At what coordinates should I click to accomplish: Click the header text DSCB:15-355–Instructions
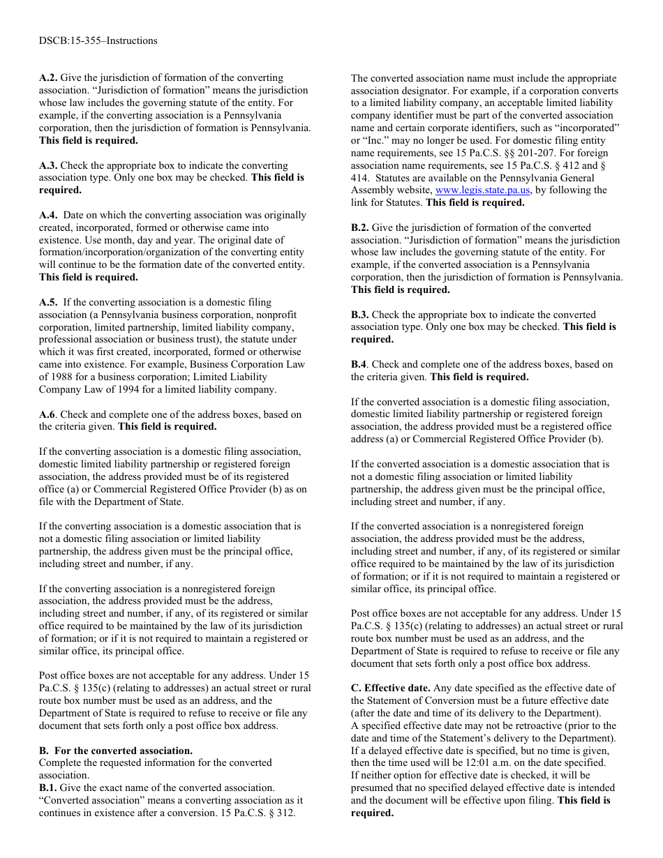click(x=98, y=40)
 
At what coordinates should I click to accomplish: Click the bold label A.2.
click(x=48, y=78)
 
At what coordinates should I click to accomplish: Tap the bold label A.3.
click(x=48, y=166)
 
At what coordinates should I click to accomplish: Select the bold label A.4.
click(x=48, y=216)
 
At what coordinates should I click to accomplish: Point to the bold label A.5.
click(x=48, y=303)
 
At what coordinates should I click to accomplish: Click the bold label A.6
click(x=48, y=414)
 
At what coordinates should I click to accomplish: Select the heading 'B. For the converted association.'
click(x=115, y=751)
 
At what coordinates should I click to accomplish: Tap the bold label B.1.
click(x=48, y=788)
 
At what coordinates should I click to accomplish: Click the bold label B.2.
click(x=360, y=228)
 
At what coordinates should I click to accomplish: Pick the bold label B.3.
click(x=360, y=315)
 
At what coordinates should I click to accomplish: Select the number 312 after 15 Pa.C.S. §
click(x=287, y=813)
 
